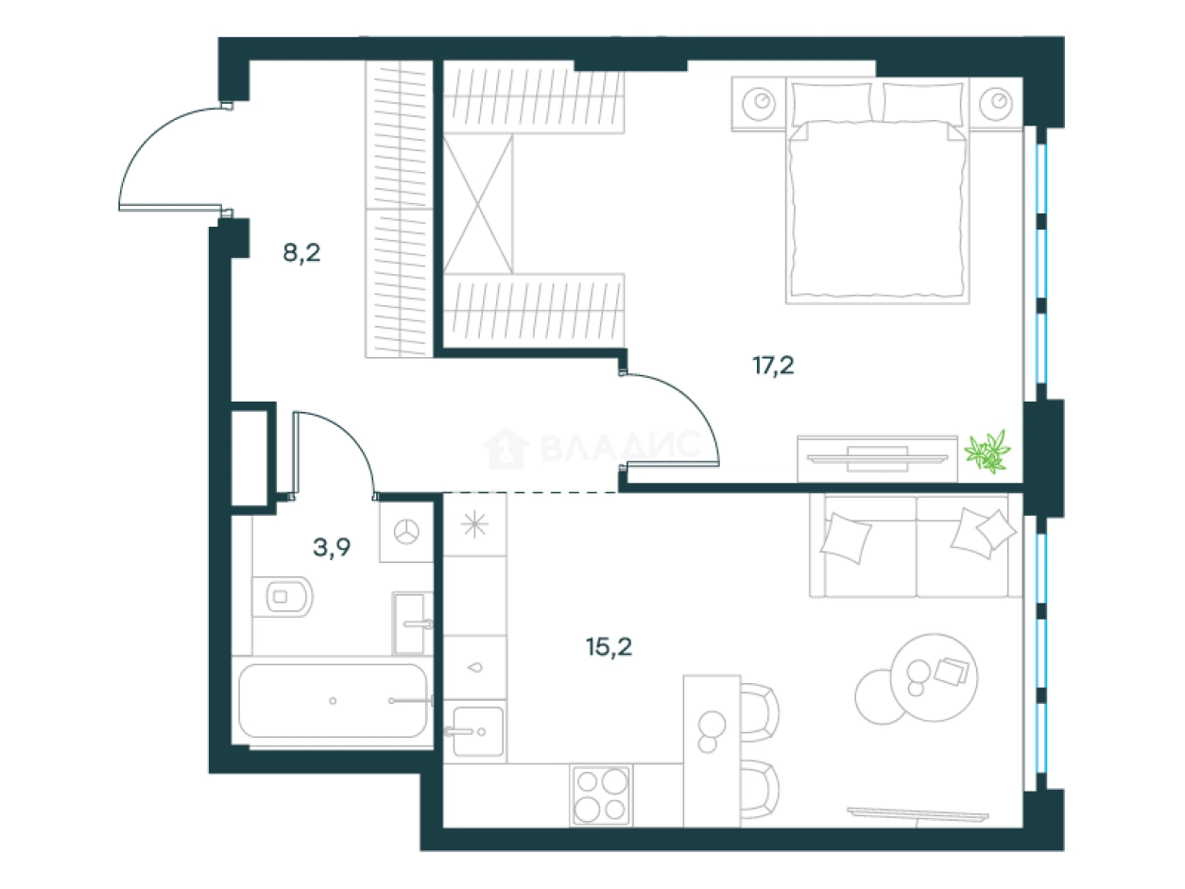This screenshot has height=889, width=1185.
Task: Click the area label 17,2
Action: coord(773,367)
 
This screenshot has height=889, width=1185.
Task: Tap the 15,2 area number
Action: coord(609,646)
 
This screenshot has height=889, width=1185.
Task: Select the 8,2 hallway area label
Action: coord(301,252)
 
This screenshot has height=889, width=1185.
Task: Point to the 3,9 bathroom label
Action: coord(332,547)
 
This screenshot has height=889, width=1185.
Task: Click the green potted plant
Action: coord(987,452)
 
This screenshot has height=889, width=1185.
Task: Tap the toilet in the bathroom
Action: coord(283,596)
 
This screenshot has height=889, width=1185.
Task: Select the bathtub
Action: coord(333,701)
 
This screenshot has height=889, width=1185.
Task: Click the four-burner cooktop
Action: coord(601,795)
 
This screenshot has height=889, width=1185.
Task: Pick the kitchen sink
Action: coord(478,731)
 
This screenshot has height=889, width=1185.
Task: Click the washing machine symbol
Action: coord(406,532)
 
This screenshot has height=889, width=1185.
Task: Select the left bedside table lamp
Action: coord(759,103)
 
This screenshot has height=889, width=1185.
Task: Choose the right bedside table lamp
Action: coord(996,103)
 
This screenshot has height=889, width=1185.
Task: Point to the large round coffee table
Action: coord(934,677)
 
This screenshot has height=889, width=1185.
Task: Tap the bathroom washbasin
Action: coord(410,624)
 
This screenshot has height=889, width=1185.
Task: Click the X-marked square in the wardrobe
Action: coord(478,203)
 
